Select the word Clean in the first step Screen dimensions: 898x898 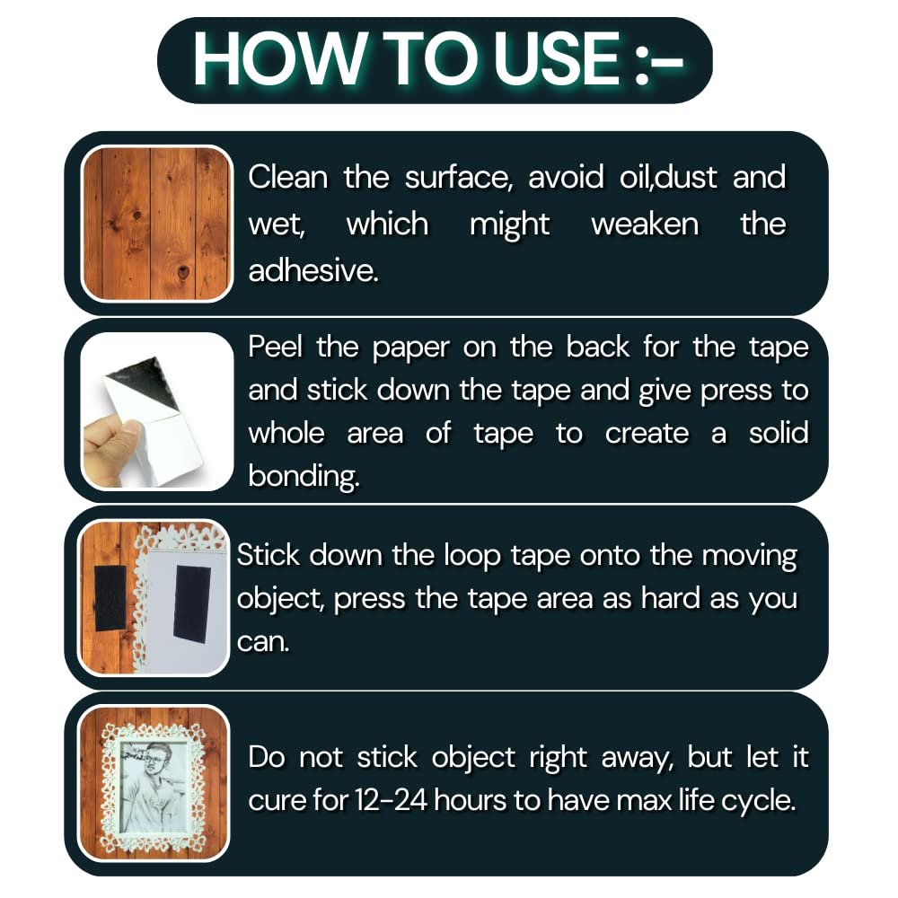coord(287,177)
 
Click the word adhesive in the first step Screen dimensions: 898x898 coord(313,270)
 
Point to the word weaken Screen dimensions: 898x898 coord(645,224)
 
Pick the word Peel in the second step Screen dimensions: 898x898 coord(275,347)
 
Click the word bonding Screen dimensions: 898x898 coord(304,476)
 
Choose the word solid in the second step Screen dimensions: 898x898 coord(779,433)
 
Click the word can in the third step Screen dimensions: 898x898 coord(263,643)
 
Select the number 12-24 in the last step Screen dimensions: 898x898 coord(392,800)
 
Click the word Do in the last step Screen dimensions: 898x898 coord(267,758)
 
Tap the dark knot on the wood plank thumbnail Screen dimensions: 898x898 coord(182,271)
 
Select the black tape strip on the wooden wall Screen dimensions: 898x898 coord(110,598)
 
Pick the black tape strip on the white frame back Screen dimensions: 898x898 coord(192,603)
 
